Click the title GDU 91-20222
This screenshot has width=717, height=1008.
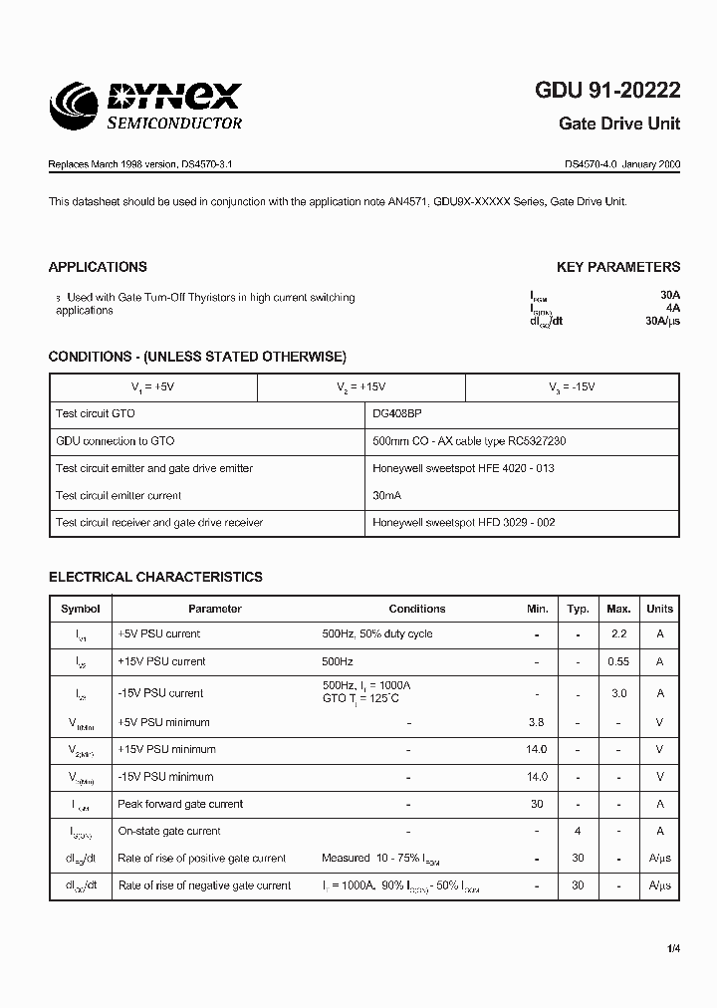click(x=607, y=91)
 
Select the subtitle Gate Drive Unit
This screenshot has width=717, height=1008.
click(x=620, y=124)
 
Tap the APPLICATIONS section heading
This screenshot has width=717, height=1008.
click(x=98, y=267)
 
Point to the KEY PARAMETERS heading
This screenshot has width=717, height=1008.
click(x=617, y=267)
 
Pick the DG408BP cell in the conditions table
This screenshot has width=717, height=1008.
click(x=403, y=413)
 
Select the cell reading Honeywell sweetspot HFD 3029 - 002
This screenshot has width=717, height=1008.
click(x=463, y=523)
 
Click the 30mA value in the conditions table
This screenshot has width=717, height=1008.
click(x=388, y=496)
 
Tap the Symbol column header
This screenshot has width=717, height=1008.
click(x=80, y=609)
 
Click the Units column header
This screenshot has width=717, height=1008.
click(x=659, y=609)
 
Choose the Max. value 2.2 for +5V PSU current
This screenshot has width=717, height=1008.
click(x=618, y=634)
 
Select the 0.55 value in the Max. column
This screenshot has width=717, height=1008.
click(x=618, y=662)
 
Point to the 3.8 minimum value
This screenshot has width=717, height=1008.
click(x=537, y=723)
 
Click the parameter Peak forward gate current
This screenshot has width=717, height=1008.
click(x=180, y=804)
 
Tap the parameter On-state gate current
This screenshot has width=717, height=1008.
click(x=169, y=831)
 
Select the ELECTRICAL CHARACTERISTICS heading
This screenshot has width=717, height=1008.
click(x=155, y=577)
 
